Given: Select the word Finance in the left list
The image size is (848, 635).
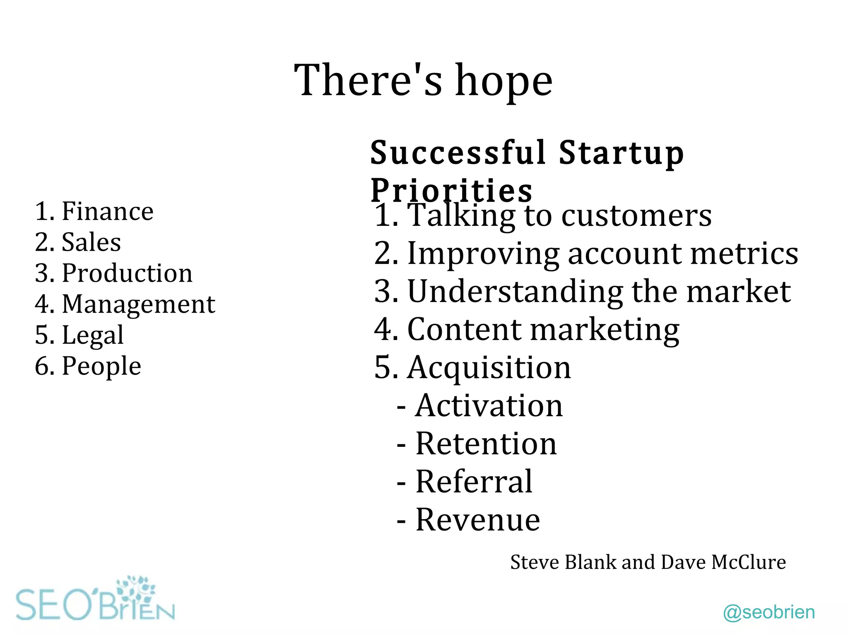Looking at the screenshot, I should click(108, 211).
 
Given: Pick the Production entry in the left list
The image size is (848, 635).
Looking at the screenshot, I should click(127, 273).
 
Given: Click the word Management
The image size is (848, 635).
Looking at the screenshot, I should click(138, 304).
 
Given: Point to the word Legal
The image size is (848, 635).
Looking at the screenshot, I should click(92, 335).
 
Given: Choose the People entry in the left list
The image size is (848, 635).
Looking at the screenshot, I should click(101, 366).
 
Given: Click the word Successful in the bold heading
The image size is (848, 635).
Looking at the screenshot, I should click(458, 153).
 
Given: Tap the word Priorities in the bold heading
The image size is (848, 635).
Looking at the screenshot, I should click(451, 191).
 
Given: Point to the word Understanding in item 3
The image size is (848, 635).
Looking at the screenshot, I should click(515, 292).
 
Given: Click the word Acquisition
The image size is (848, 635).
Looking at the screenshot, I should click(489, 368).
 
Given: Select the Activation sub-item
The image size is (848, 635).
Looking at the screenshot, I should click(489, 405).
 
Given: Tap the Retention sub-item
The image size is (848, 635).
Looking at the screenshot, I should click(486, 443).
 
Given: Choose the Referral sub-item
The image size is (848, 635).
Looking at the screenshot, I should click(474, 482).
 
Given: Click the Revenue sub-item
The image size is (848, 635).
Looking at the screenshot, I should click(477, 520).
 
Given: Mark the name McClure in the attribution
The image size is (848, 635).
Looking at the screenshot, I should click(748, 562).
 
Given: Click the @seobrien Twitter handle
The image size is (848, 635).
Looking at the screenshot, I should click(769, 612).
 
